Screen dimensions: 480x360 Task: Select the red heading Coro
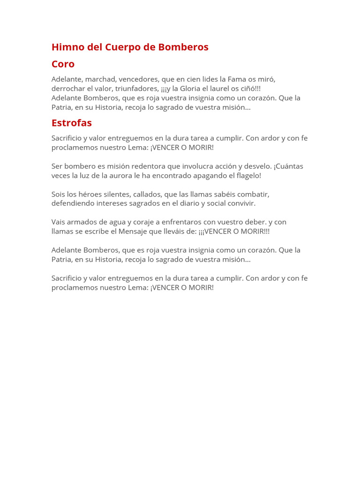click(63, 64)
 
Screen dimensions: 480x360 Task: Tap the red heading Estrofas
click(71, 123)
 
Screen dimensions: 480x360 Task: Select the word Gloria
click(189, 89)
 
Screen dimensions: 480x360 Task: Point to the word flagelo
click(247, 176)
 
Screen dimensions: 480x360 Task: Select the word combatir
click(252, 195)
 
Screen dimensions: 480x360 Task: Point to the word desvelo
click(257, 166)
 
